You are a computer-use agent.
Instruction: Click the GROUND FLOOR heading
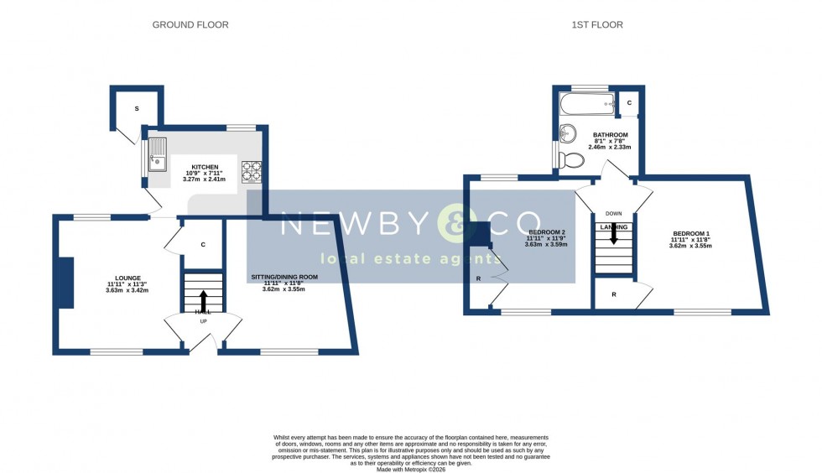coord(190,25)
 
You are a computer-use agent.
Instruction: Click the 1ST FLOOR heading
coord(597,25)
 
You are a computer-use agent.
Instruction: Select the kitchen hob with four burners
coord(252,171)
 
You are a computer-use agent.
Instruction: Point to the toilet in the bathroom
coord(575,159)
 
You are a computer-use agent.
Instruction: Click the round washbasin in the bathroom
coord(568,133)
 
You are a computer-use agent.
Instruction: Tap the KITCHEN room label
coord(205,168)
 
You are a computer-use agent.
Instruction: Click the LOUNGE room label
coord(127,278)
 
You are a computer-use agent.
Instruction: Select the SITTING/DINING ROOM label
coord(284,277)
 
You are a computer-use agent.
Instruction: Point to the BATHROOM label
coord(610,135)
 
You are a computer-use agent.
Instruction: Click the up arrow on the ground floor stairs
coord(203,300)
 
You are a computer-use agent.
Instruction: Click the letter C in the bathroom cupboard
coord(629,102)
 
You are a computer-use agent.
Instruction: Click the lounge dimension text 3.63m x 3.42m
coord(127,291)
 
